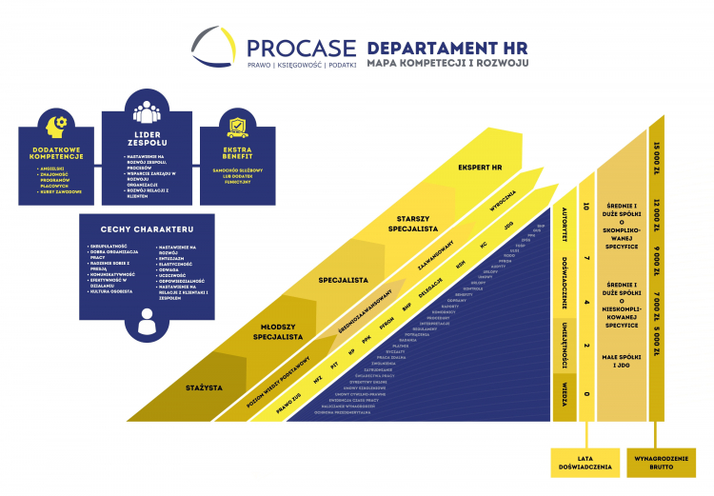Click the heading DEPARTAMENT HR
click(x=446, y=48)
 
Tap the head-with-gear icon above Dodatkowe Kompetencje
click(x=54, y=126)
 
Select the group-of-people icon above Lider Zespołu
click(x=147, y=111)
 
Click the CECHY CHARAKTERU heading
click(x=147, y=229)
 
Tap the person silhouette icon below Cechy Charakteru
click(x=147, y=324)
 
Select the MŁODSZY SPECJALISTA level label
click(x=278, y=330)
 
